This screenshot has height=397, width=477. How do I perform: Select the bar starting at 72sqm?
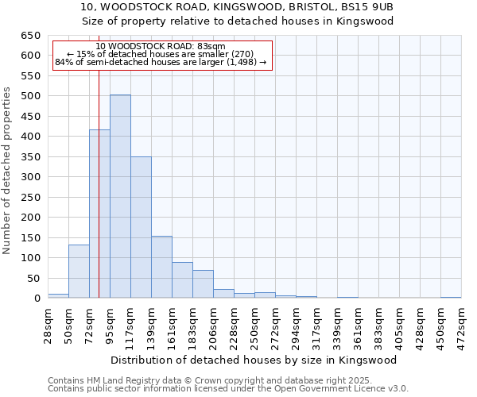99,214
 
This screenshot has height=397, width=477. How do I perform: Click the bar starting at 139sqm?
161,267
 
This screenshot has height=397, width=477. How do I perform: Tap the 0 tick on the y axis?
37,299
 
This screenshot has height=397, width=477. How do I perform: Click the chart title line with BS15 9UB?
238,7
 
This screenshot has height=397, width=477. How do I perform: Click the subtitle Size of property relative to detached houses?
238,21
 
